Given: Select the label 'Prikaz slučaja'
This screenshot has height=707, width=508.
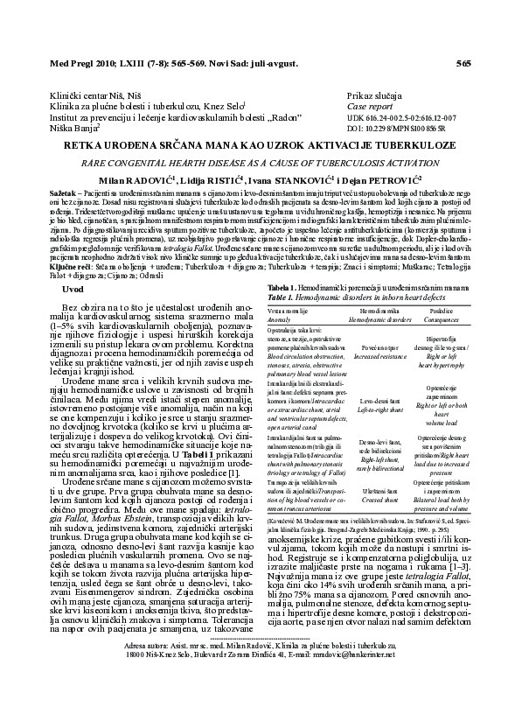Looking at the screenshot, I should coord(373,94).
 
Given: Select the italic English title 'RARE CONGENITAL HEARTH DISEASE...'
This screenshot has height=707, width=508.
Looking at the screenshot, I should coord(254,163).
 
